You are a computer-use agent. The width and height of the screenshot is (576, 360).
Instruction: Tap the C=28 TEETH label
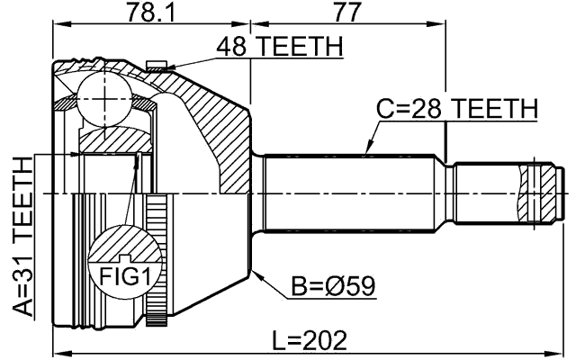click(456, 109)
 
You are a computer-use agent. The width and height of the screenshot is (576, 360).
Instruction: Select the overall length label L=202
click(310, 341)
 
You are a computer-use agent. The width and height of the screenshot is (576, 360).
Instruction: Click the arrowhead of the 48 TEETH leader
click(162, 67)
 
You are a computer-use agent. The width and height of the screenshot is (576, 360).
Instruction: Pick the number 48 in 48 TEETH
click(230, 45)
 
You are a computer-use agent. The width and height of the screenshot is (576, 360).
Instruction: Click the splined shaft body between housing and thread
click(351, 191)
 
